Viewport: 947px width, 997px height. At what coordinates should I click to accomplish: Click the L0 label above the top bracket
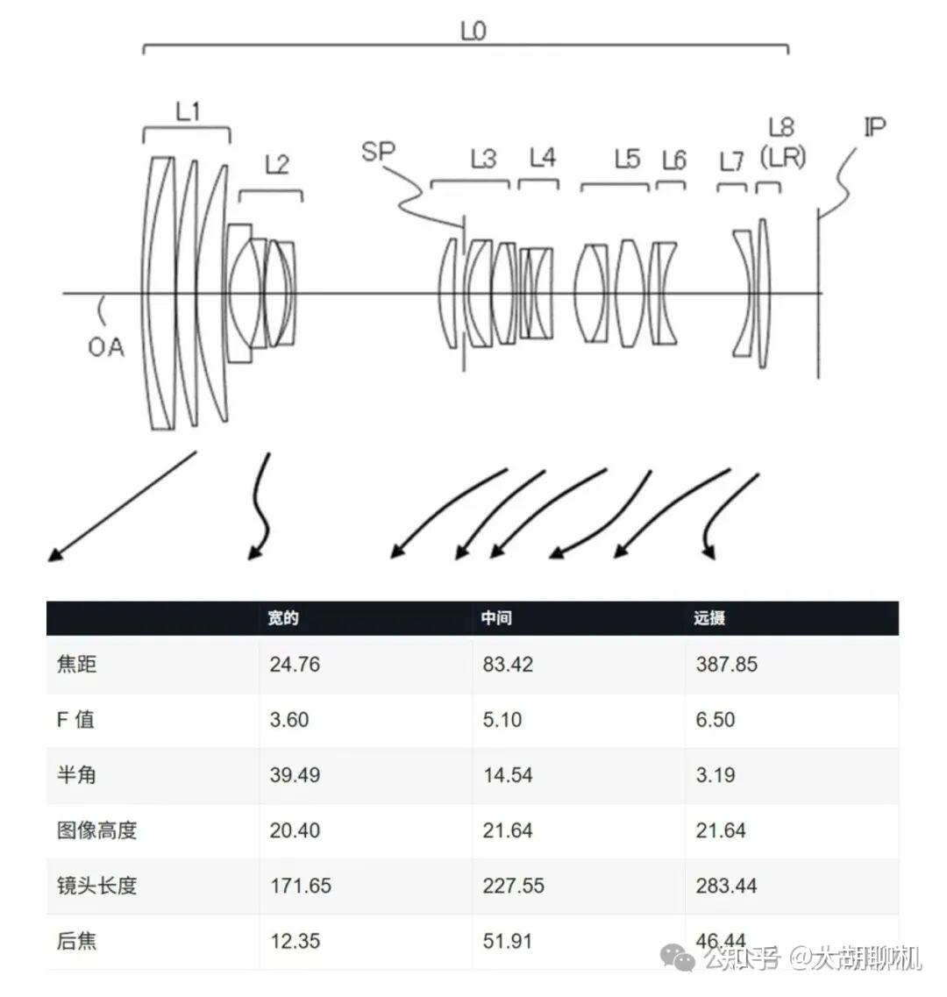click(x=473, y=30)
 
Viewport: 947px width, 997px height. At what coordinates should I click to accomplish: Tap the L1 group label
click(x=189, y=112)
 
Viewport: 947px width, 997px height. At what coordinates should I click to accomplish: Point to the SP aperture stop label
click(x=378, y=152)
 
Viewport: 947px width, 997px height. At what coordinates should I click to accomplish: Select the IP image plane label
click(x=874, y=127)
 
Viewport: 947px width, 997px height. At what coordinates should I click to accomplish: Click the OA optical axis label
click(x=105, y=347)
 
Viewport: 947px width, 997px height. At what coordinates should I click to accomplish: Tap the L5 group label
click(x=627, y=159)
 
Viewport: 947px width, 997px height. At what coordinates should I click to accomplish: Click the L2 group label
click(x=277, y=165)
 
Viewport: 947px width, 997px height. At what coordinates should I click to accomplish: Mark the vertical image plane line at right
click(x=818, y=294)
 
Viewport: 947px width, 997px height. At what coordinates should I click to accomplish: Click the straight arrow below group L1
click(x=122, y=506)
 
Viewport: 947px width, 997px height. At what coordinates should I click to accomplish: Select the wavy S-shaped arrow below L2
click(x=260, y=506)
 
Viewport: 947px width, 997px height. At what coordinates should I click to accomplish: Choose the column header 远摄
click(x=709, y=618)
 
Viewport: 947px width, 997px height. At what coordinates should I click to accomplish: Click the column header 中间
click(x=496, y=618)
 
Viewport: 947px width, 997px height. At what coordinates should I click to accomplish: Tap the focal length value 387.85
click(x=726, y=665)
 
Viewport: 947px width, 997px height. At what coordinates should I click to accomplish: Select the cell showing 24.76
click(x=295, y=665)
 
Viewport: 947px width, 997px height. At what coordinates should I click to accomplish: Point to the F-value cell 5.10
click(x=502, y=720)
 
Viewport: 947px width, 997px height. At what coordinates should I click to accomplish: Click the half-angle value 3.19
click(x=715, y=775)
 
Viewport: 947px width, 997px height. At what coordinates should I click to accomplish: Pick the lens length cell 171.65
click(x=301, y=886)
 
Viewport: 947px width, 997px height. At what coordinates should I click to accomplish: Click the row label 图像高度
click(x=96, y=830)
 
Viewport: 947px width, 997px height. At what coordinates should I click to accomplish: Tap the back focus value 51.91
click(x=507, y=941)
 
